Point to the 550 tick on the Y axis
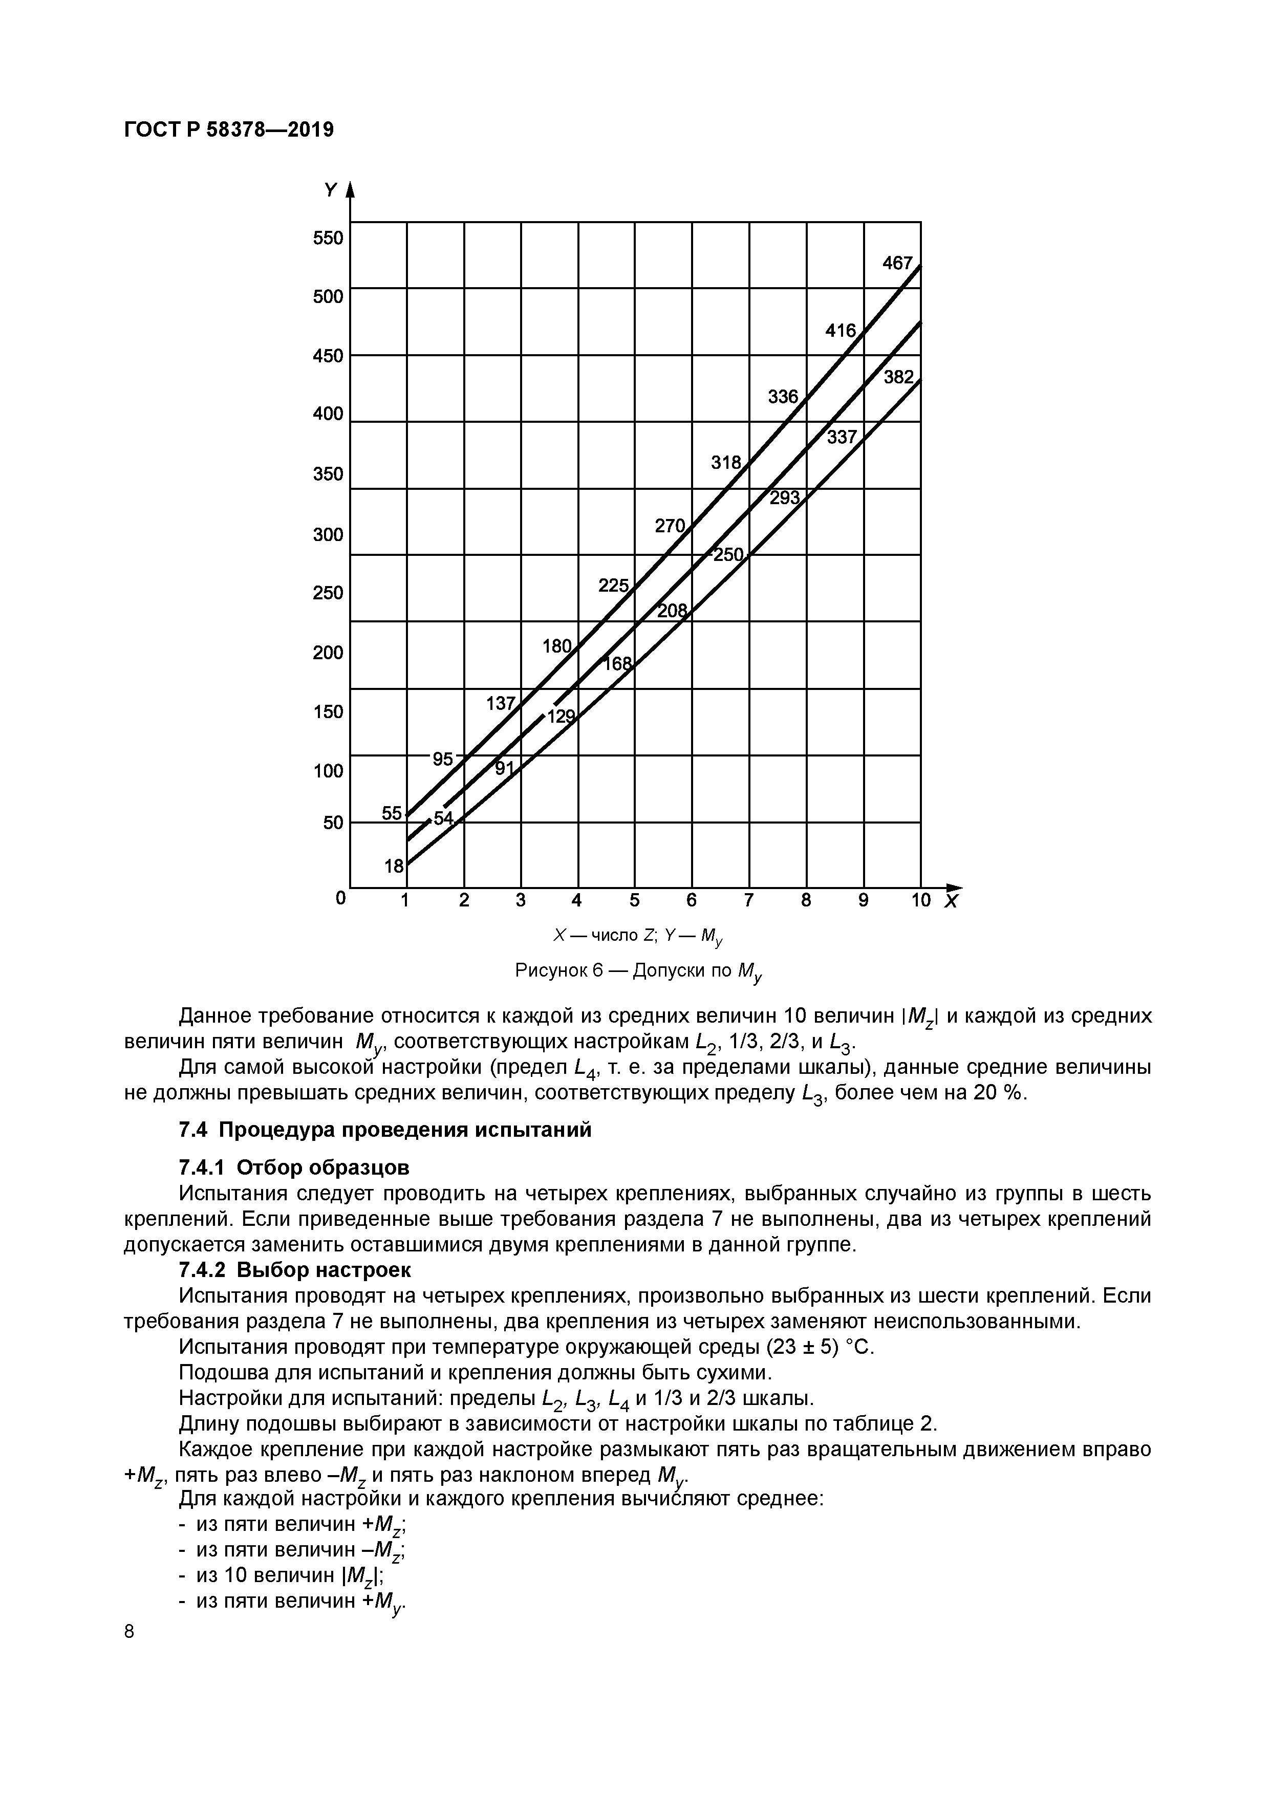pos(328,237)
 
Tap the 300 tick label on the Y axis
pos(328,535)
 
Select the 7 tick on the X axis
pos(748,901)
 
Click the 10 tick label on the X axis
pos(920,901)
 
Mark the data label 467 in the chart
pos(897,264)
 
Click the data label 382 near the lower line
pos(898,378)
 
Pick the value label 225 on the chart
pos(613,585)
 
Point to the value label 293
pos(784,497)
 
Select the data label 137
pos(501,703)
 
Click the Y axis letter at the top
pos(331,190)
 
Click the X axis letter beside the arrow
pos(951,902)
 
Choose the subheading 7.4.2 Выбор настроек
pos(295,1270)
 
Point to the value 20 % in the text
pos(997,1093)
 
